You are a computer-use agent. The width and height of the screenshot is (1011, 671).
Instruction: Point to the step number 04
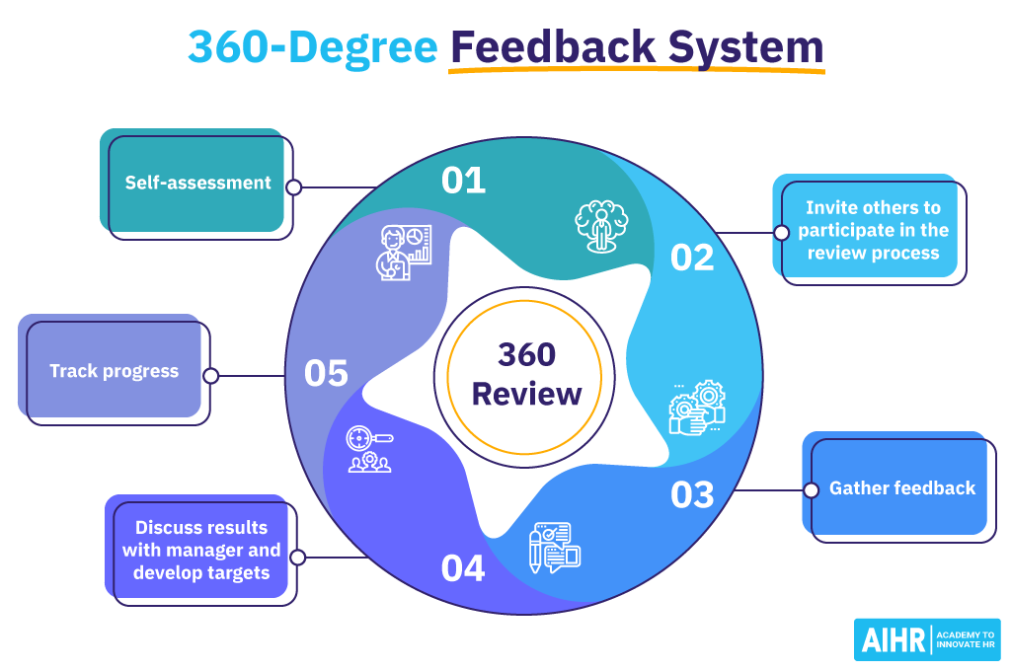click(x=463, y=568)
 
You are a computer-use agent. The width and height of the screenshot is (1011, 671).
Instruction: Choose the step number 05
click(x=326, y=373)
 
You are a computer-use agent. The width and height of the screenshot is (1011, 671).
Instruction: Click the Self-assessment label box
click(x=197, y=183)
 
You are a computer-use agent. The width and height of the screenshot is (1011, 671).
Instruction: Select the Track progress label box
click(x=115, y=371)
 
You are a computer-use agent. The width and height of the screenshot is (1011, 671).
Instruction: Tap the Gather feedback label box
click(x=900, y=487)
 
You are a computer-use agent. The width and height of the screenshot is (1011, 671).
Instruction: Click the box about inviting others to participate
click(x=873, y=230)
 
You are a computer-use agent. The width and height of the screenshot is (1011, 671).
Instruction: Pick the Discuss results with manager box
click(x=201, y=550)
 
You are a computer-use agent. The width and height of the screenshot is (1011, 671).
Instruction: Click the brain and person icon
click(x=601, y=226)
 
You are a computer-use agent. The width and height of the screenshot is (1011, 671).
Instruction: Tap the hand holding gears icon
click(x=696, y=408)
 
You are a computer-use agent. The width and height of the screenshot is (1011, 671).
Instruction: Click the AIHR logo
click(x=926, y=639)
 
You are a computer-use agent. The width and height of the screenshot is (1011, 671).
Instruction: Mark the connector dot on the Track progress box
click(x=210, y=376)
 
